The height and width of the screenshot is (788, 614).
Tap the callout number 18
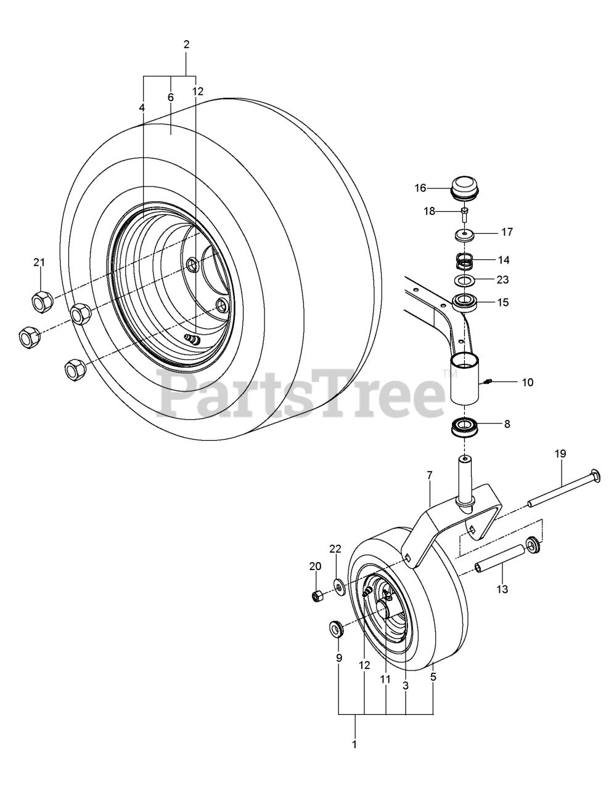430,211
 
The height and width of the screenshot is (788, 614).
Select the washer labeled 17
464,235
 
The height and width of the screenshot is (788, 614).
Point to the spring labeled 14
464,261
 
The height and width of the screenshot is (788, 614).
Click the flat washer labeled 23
464,280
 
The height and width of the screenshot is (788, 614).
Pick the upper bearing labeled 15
464,302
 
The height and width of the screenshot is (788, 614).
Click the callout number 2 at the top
186,44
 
